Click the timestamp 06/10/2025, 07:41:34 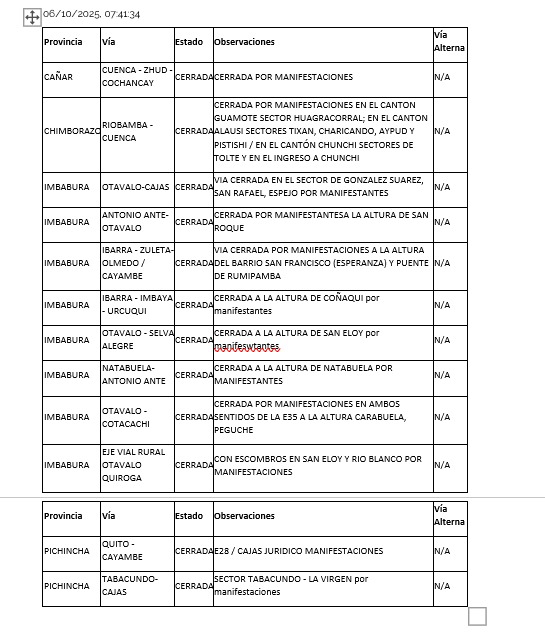pyautogui.click(x=91, y=15)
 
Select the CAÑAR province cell pyautogui.click(x=58, y=77)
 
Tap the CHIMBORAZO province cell pyautogui.click(x=71, y=131)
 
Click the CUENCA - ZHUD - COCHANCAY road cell pyautogui.click(x=137, y=77)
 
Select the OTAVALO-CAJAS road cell pyautogui.click(x=135, y=187)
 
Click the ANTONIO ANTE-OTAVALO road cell pyautogui.click(x=135, y=222)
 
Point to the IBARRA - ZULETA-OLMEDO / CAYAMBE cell pyautogui.click(x=137, y=263)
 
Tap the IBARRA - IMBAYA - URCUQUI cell pyautogui.click(x=137, y=305)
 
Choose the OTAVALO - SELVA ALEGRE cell pyautogui.click(x=137, y=340)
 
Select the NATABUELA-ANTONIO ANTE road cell pyautogui.click(x=134, y=375)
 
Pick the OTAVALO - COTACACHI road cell pyautogui.click(x=125, y=417)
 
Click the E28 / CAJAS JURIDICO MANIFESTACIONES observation pyautogui.click(x=298, y=551)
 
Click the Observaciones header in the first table pyautogui.click(x=244, y=42)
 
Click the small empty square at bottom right pyautogui.click(x=477, y=616)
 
